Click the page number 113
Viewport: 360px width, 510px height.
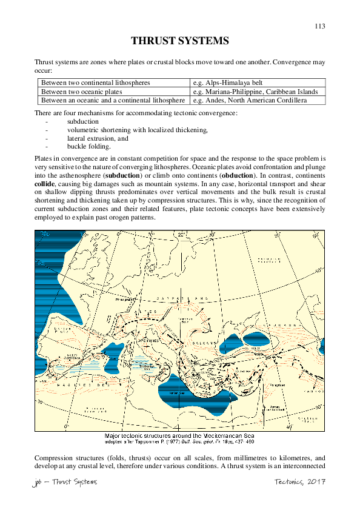[320, 26]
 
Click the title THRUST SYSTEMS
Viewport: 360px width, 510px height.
[180, 41]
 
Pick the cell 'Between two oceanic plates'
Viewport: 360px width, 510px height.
[79, 91]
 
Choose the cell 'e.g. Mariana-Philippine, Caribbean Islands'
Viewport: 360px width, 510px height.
[255, 91]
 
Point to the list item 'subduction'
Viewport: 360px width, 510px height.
[83, 122]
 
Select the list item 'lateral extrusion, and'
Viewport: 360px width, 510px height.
[98, 138]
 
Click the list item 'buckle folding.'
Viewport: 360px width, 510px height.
[88, 147]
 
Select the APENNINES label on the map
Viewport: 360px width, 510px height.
[145, 341]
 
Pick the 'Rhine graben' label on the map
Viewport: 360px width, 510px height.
[126, 298]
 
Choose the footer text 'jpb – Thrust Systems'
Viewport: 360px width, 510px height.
[64, 481]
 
